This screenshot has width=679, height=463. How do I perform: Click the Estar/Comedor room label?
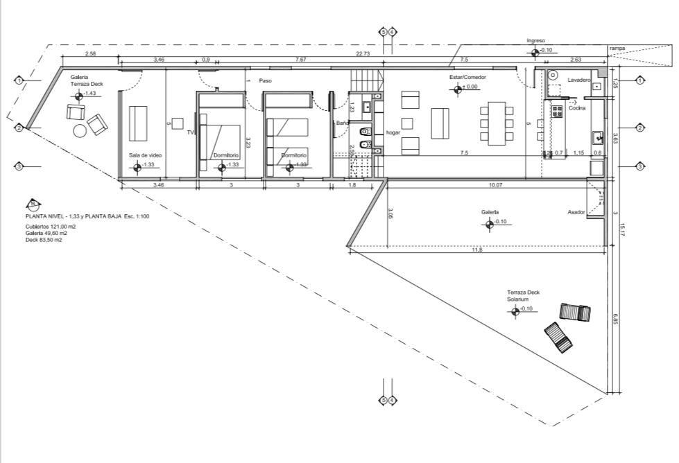[467, 78]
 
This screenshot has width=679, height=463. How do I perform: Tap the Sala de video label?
[145, 155]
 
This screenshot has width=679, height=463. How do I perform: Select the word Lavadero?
[578, 80]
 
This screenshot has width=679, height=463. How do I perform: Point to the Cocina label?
[577, 108]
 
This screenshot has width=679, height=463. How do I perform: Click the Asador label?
[576, 212]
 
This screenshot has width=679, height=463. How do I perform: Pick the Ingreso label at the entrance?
[536, 41]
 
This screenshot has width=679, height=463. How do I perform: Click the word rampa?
[617, 49]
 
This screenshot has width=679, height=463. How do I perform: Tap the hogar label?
[393, 132]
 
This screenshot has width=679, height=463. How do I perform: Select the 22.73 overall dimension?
[363, 53]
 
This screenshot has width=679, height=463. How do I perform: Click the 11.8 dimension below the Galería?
[476, 250]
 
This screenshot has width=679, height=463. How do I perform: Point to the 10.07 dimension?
[495, 185]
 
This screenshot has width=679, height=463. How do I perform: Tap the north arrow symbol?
[32, 204]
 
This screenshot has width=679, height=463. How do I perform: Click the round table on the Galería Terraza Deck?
[80, 130]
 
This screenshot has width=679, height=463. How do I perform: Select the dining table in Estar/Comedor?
[497, 123]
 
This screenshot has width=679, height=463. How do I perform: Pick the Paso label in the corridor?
[266, 80]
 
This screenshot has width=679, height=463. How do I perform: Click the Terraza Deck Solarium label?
[521, 297]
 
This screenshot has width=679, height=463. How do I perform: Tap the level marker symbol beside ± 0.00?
[458, 88]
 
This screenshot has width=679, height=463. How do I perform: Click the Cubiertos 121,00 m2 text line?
[50, 227]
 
